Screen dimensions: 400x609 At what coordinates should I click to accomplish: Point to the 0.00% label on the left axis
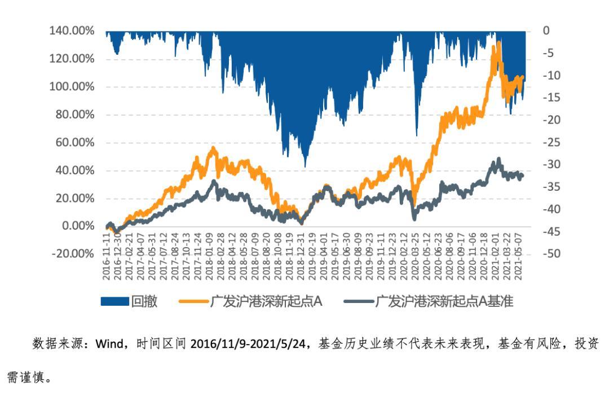tap(78, 226)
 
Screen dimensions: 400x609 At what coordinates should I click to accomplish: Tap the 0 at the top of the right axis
tap(545, 31)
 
